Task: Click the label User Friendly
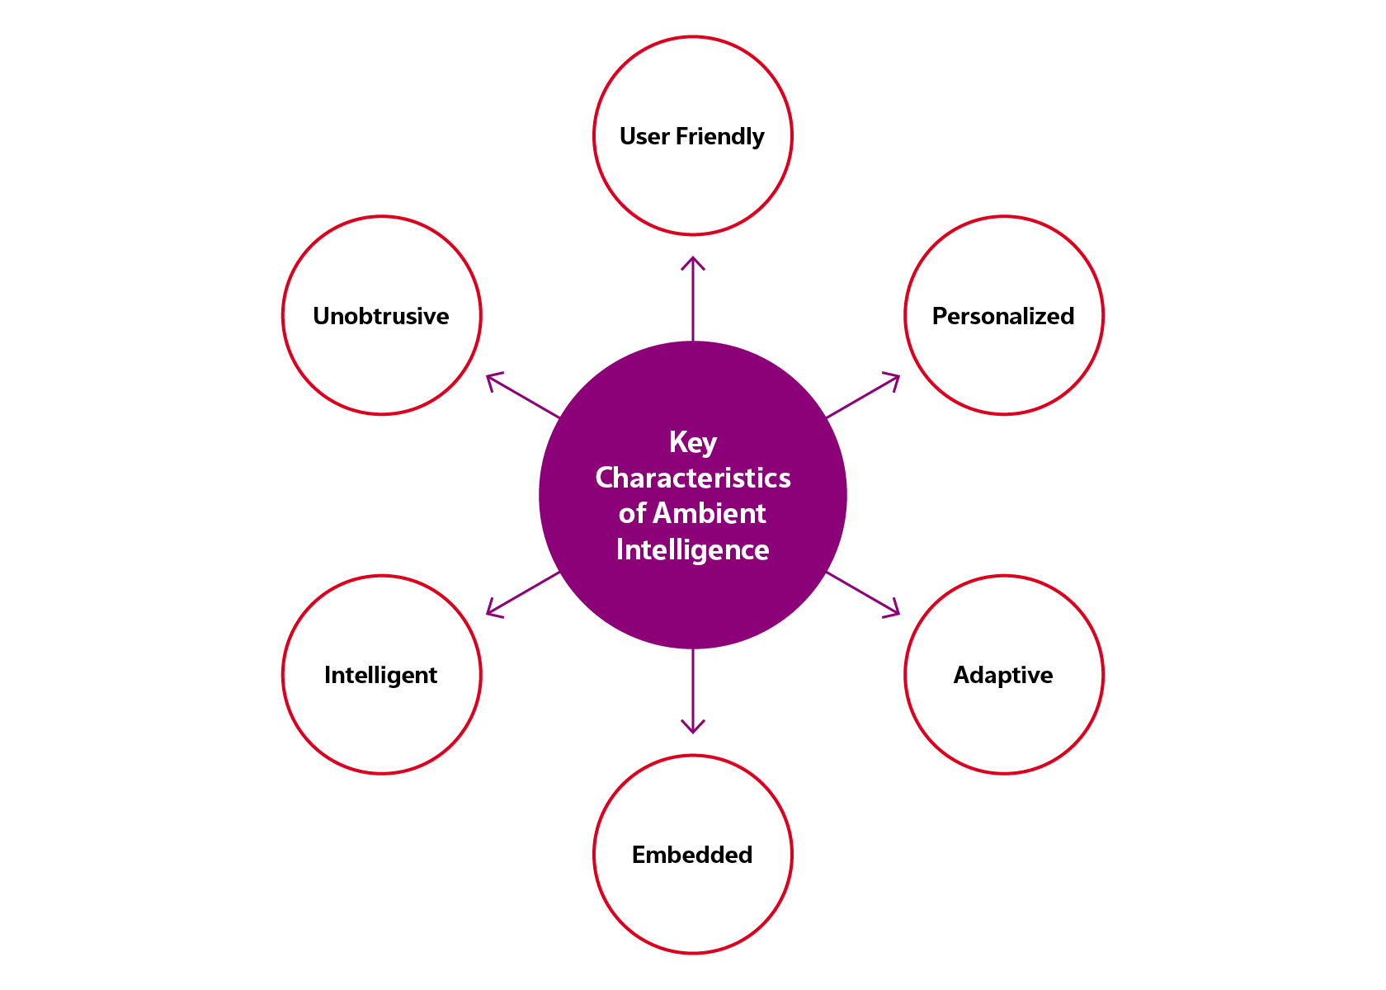(691, 136)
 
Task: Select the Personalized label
(1002, 316)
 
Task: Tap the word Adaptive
(1002, 675)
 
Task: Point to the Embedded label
(691, 855)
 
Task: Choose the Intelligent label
(380, 675)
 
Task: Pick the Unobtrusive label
(380, 316)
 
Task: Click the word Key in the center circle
(692, 442)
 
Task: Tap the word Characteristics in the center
(692, 478)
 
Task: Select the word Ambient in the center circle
(709, 513)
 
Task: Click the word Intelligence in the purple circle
(692, 549)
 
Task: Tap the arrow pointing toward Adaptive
(862, 593)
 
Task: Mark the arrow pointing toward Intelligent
(523, 593)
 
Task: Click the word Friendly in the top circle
(719, 136)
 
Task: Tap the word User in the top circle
(643, 136)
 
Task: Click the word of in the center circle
(632, 513)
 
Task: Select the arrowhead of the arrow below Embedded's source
(693, 727)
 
